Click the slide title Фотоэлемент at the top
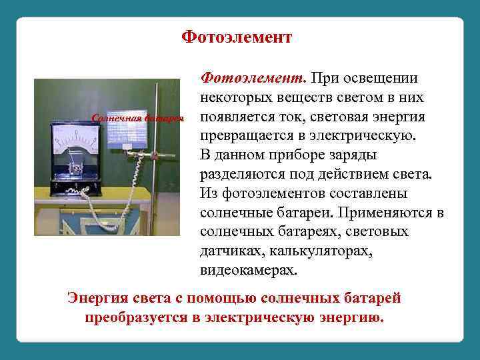[x=237, y=37]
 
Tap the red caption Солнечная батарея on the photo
[x=137, y=119]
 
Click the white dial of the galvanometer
[x=75, y=143]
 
